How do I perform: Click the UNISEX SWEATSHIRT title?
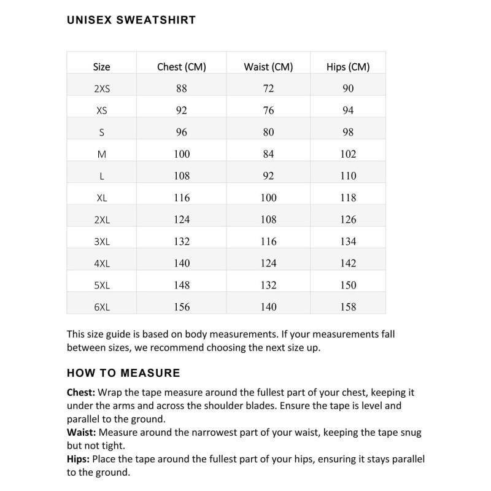131,20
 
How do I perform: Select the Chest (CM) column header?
182,66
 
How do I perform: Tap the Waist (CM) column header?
268,66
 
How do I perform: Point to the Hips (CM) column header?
348,66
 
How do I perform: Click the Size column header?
102,66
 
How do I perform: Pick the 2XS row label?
102,88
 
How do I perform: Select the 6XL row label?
102,307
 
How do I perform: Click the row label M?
102,154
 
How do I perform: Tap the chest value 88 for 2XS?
182,88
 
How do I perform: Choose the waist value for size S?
268,132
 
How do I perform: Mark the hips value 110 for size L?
348,176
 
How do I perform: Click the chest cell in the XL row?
182,198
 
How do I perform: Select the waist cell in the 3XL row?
268,241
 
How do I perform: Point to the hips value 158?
348,307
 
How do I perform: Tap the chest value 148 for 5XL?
182,285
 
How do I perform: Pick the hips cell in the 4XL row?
348,263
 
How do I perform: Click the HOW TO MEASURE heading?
123,373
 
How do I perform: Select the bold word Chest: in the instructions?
81,392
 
